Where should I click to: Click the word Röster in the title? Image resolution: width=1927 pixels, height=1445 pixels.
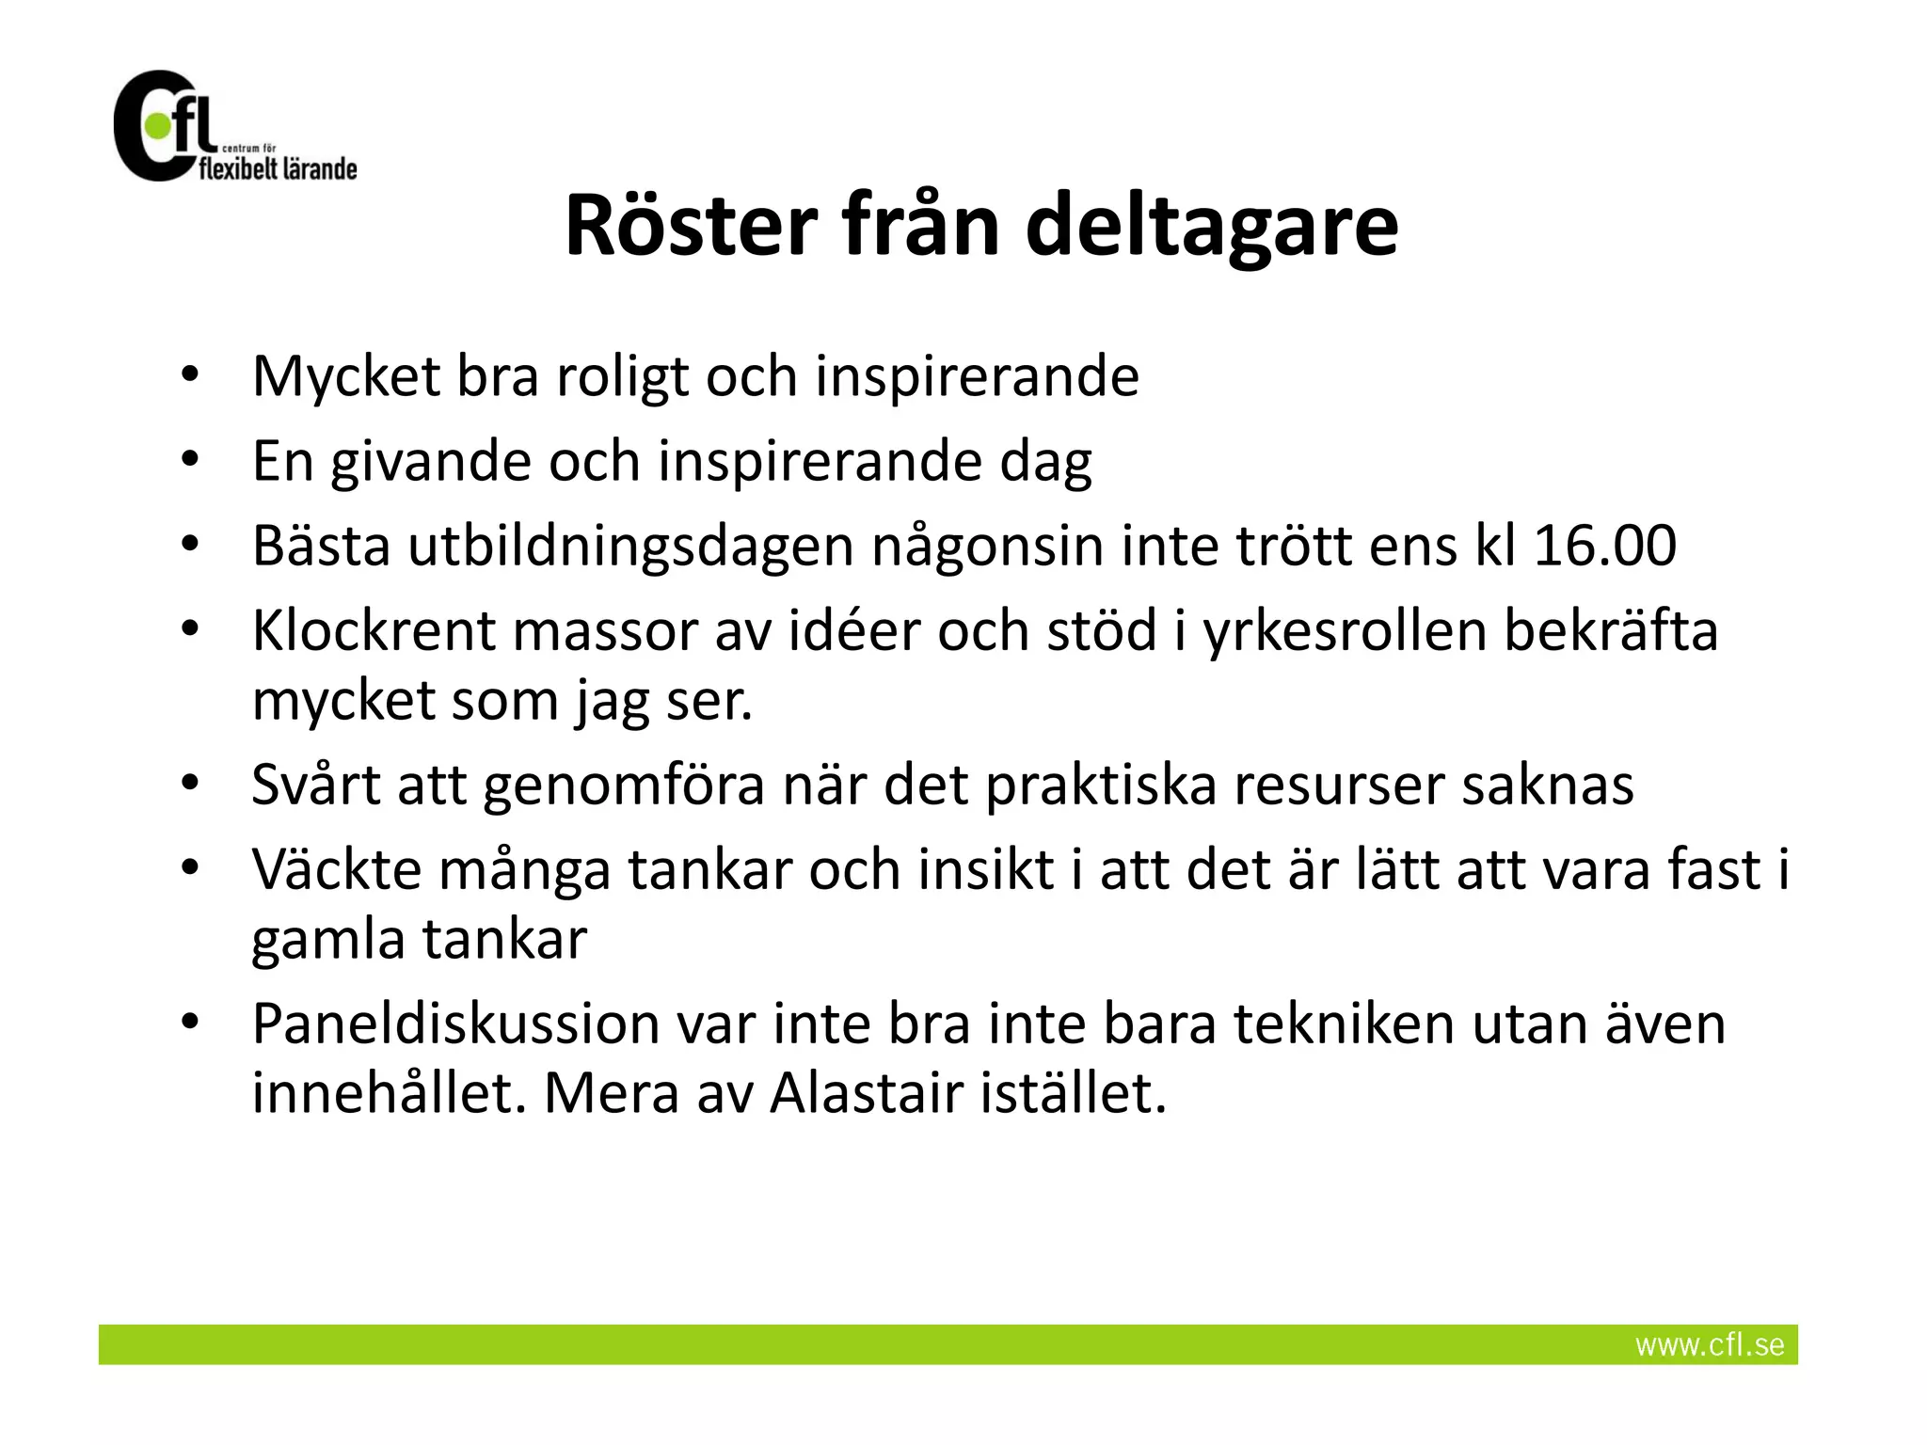click(x=691, y=227)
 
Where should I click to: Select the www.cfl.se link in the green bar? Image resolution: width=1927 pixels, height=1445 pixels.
click(x=1709, y=1345)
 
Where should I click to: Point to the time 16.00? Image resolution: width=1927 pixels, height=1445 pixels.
click(x=1604, y=546)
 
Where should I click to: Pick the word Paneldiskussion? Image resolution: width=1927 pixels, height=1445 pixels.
click(x=455, y=1024)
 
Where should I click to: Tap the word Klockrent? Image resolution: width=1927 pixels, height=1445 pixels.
click(x=374, y=630)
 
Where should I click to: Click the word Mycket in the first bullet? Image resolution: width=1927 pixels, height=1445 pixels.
click(x=346, y=378)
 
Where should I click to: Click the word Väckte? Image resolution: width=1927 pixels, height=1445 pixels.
click(x=337, y=870)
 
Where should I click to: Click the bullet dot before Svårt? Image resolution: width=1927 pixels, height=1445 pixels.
click(x=190, y=783)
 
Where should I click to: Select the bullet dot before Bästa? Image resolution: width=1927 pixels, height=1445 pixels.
click(x=190, y=544)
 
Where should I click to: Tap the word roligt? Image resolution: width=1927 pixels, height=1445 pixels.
click(x=622, y=378)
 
